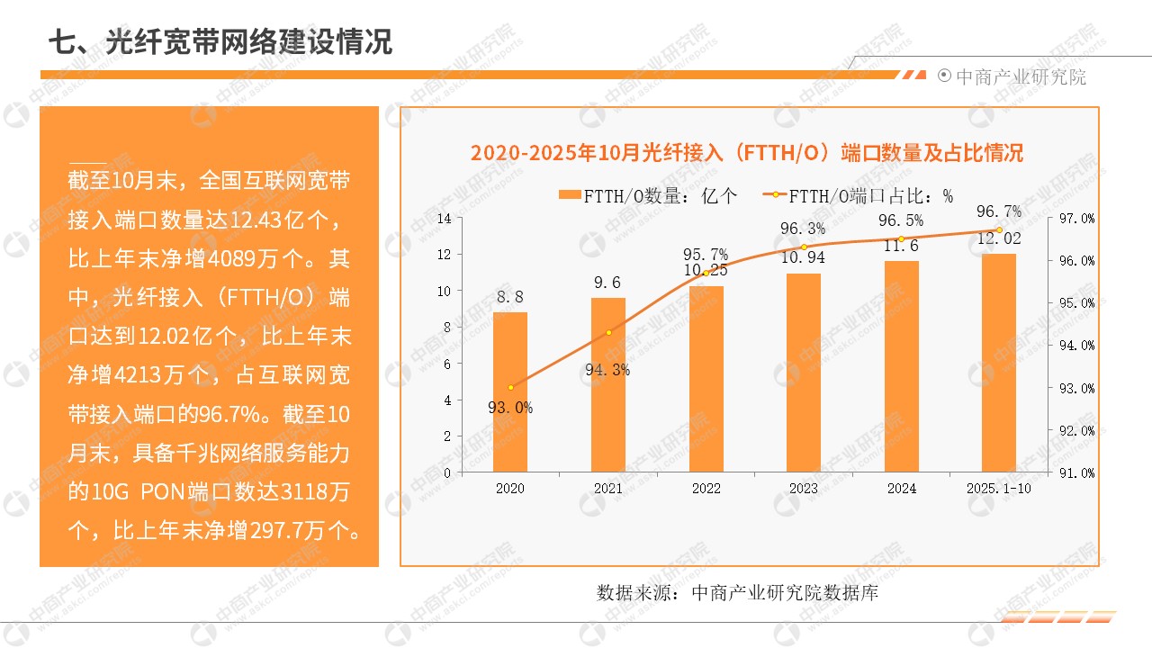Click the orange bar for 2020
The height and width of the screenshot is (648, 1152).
pos(510,392)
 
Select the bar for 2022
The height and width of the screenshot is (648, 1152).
pos(706,379)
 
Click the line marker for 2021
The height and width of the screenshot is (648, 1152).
pos(608,333)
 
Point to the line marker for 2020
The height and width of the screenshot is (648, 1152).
pos(510,388)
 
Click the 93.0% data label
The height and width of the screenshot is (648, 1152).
pos(510,408)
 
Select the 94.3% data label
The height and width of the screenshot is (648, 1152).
pos(607,370)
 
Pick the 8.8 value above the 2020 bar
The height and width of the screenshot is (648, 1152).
pos(509,296)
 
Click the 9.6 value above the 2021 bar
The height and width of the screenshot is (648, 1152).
pos(607,283)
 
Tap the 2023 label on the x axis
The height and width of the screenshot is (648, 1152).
pos(804,489)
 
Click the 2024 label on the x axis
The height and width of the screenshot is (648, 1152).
pos(901,489)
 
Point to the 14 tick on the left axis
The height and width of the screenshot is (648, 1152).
pos(444,219)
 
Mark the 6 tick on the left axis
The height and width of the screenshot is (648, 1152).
pos(446,364)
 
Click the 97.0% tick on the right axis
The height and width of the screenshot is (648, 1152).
pos(1077,219)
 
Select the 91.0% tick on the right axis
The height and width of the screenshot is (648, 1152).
pos(1077,472)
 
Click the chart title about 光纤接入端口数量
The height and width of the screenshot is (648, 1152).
pos(747,152)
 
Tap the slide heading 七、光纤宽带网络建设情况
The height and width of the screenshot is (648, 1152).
pos(220,42)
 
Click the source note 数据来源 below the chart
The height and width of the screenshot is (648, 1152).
pos(737,593)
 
